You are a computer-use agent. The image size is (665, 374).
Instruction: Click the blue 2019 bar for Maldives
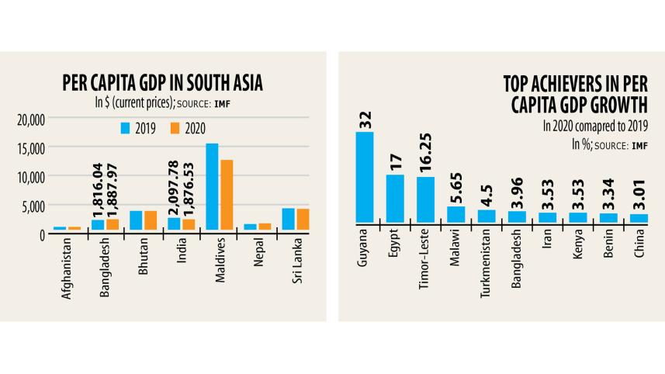coord(212,186)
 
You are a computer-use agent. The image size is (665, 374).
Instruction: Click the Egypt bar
coord(395,199)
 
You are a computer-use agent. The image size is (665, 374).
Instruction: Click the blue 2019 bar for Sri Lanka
coord(288,219)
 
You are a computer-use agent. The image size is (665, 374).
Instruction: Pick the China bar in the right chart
coord(638,218)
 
